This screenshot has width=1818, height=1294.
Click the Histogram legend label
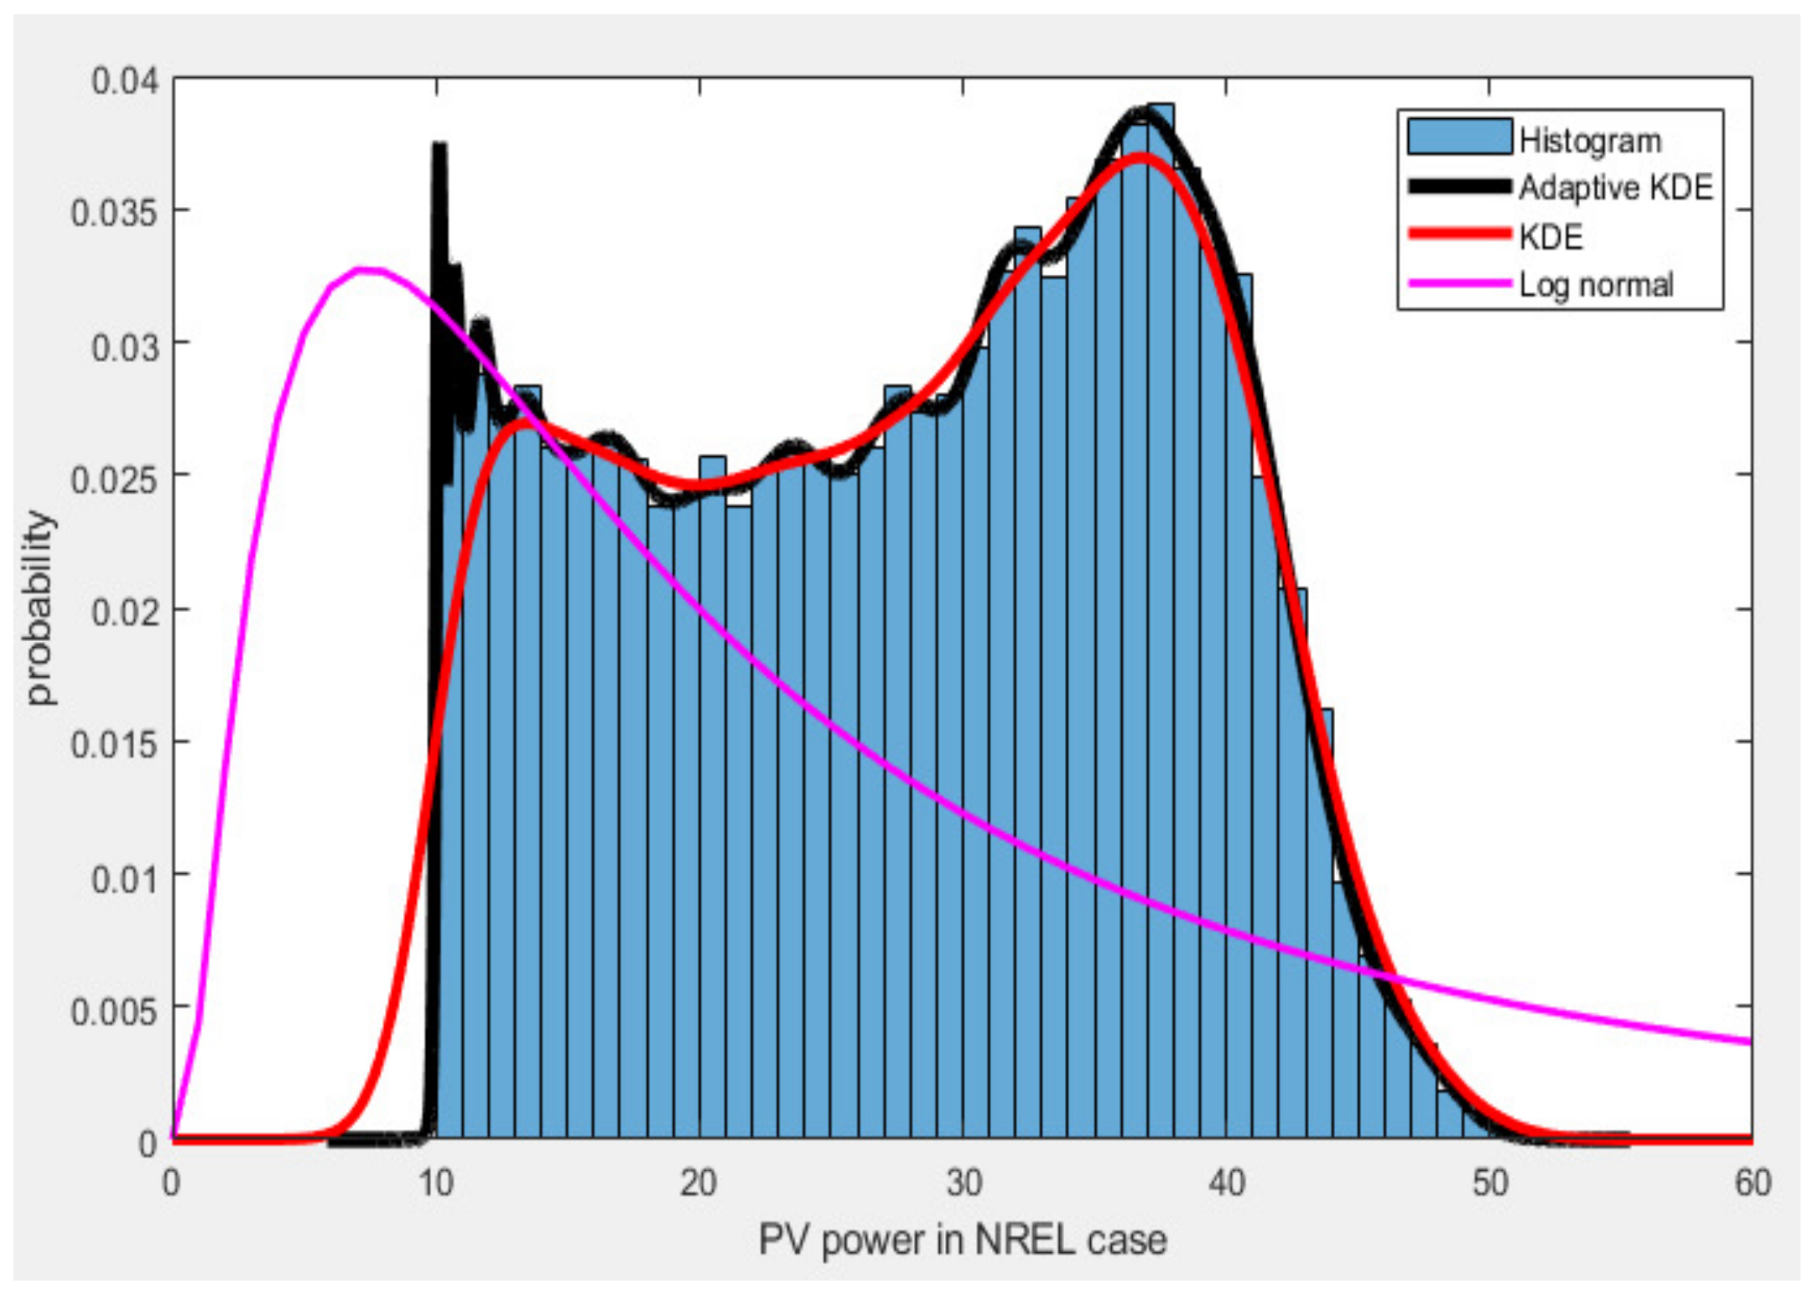point(1589,141)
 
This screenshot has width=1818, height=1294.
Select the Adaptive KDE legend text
point(1615,188)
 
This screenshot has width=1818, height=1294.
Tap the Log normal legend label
point(1596,285)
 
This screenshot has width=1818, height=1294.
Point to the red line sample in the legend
point(1459,234)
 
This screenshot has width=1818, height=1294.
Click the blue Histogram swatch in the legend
point(1459,137)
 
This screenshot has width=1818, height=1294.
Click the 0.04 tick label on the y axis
point(124,81)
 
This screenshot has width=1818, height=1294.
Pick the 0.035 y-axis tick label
point(114,213)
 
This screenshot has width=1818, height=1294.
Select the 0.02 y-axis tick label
point(124,611)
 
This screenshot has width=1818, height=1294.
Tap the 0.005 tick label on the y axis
point(114,1012)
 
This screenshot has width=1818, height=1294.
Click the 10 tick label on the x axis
point(435,1183)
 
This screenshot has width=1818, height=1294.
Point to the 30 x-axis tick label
point(963,1183)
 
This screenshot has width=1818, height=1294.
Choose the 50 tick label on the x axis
point(1490,1183)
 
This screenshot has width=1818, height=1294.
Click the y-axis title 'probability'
point(39,608)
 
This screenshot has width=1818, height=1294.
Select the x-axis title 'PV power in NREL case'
point(962,1240)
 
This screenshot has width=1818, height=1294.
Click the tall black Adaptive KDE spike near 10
point(439,151)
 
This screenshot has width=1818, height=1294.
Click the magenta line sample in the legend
point(1459,283)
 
